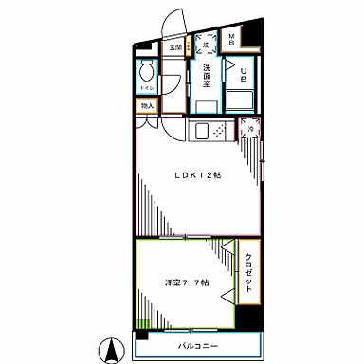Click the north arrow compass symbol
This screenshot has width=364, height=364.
click(112, 349)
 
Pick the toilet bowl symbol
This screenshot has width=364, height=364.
click(146, 74)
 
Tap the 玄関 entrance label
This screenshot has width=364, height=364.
click(174, 45)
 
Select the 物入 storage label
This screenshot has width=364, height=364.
click(147, 106)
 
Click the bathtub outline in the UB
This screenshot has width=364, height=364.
click(238, 100)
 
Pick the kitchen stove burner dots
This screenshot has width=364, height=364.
click(218, 131)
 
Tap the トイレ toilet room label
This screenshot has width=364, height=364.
click(146, 88)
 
